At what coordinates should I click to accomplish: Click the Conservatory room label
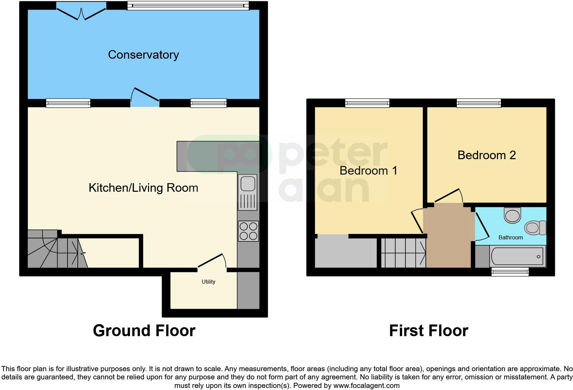pyautogui.click(x=143, y=55)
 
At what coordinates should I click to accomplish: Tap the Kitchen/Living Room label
pyautogui.click(x=143, y=188)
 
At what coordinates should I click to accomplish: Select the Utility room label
pyautogui.click(x=208, y=282)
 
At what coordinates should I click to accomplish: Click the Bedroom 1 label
pyautogui.click(x=368, y=171)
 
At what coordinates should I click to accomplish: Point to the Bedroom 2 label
pyautogui.click(x=486, y=155)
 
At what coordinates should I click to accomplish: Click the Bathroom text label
pyautogui.click(x=510, y=237)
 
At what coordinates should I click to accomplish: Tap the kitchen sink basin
pyautogui.click(x=248, y=184)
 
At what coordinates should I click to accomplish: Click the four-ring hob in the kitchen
pyautogui.click(x=248, y=231)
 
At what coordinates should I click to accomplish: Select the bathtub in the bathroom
pyautogui.click(x=517, y=257)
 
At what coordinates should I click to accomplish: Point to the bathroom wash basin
pyautogui.click(x=512, y=215)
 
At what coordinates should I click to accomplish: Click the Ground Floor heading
pyautogui.click(x=144, y=331)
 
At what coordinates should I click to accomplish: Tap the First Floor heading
pyautogui.click(x=428, y=331)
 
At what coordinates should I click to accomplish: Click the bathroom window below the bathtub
pyautogui.click(x=510, y=272)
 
